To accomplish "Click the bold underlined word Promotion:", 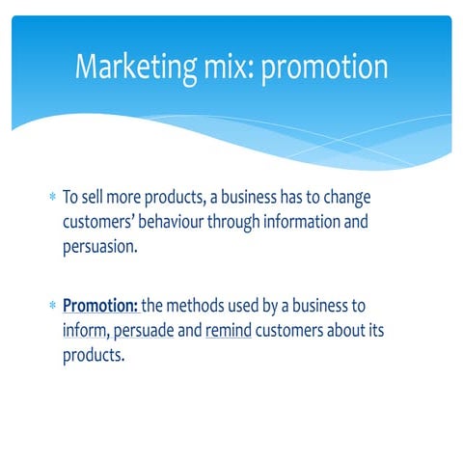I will click(x=100, y=307).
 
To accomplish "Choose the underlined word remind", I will click(x=228, y=331).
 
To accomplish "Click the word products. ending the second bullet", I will click(x=95, y=354).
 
